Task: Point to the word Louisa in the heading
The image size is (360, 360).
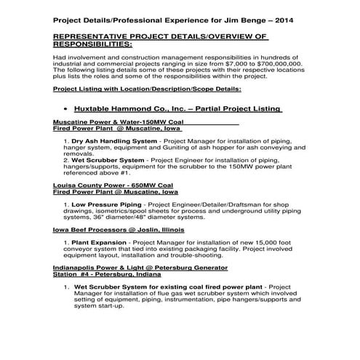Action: [x=65, y=185]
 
